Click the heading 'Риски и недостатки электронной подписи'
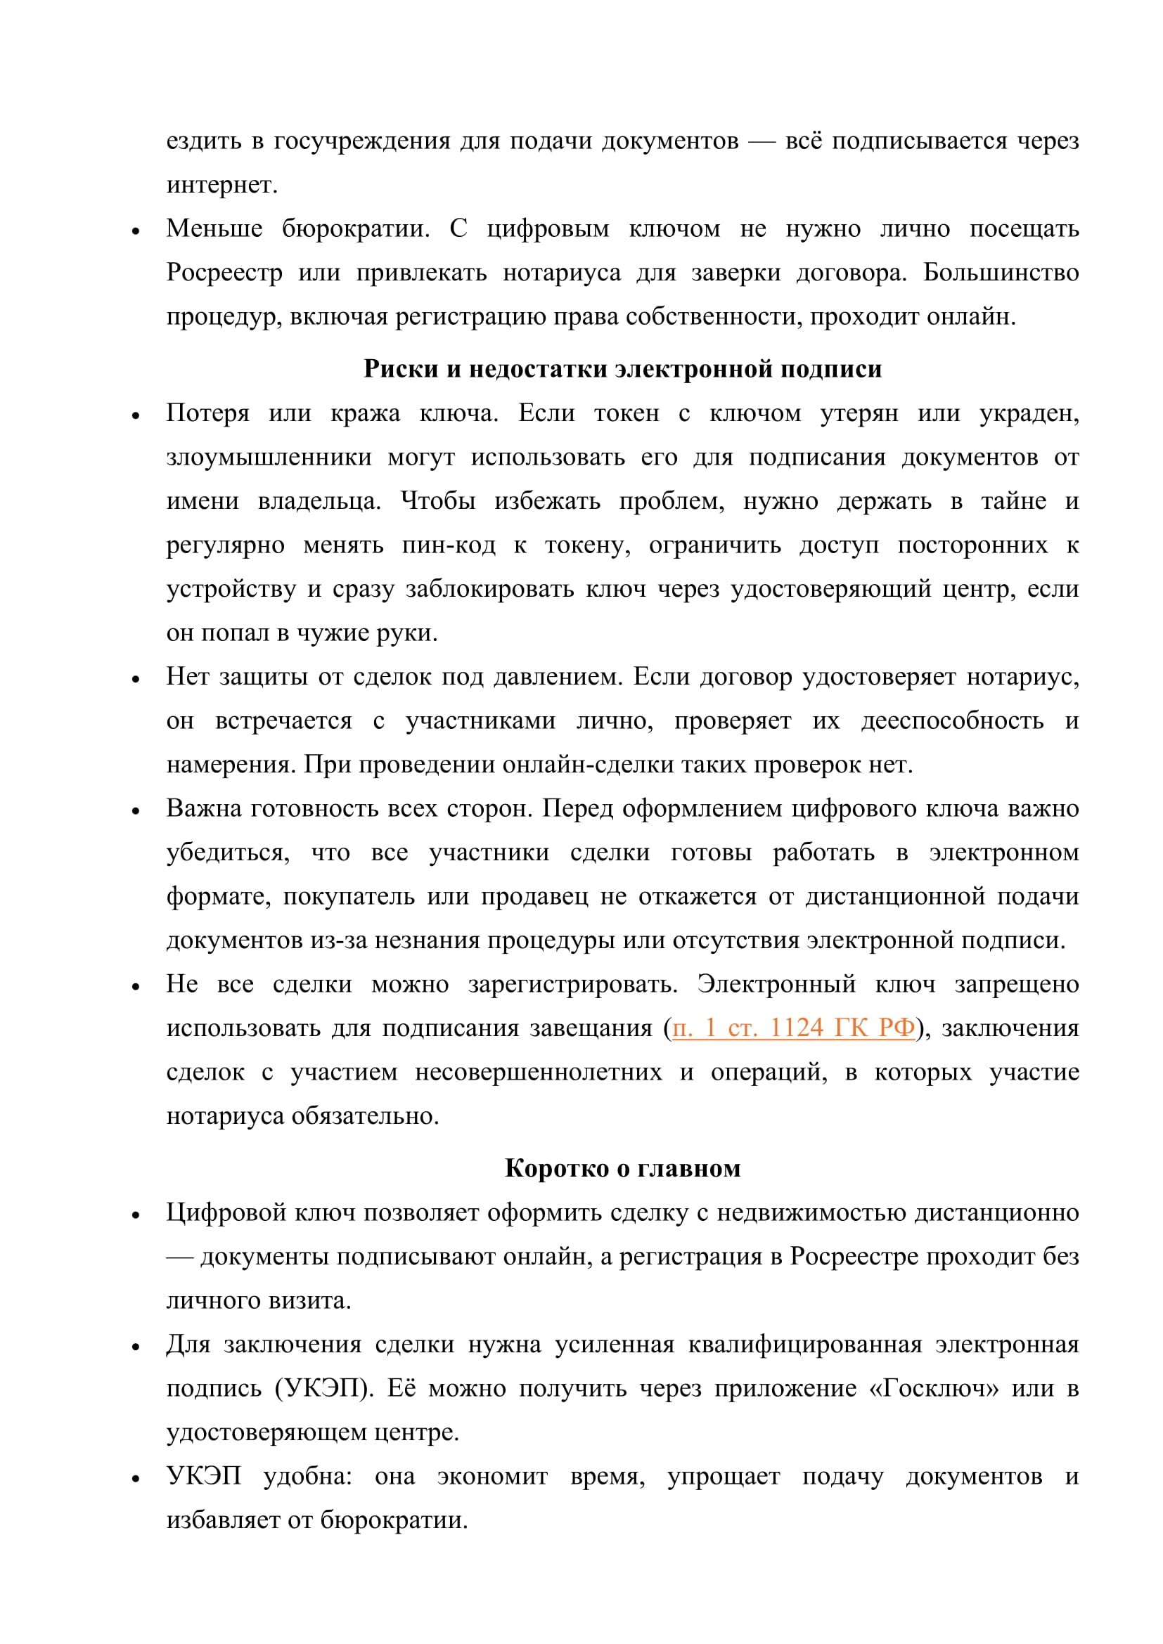[x=622, y=369]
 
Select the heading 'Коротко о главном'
[x=622, y=1168]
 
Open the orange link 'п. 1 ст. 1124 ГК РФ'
[x=793, y=1028]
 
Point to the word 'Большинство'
[x=1001, y=273]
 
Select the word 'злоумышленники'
[x=269, y=457]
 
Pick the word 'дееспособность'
[x=952, y=720]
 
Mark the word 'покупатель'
[x=349, y=896]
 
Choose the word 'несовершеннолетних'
[x=539, y=1072]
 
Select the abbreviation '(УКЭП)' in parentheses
[x=321, y=1387]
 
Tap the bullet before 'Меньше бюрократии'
[x=135, y=231]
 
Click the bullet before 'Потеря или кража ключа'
[x=135, y=415]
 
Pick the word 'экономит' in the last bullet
[x=492, y=1476]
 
